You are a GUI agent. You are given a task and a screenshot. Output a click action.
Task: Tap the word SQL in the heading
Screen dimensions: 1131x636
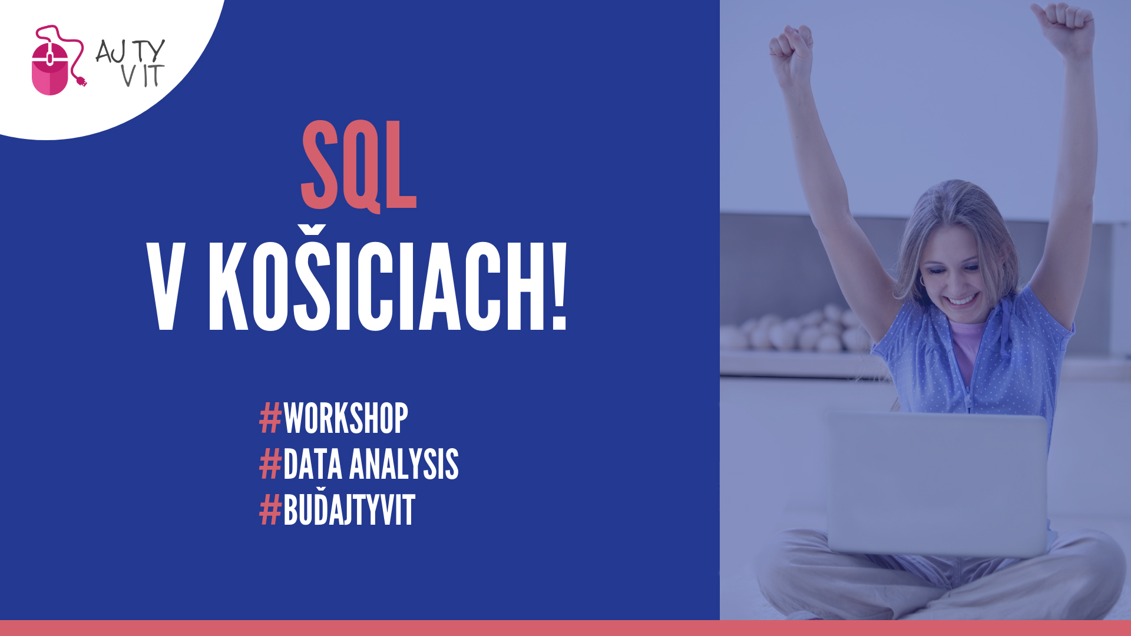coord(359,166)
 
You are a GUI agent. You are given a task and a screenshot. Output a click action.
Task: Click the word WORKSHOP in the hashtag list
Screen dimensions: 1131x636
coord(346,419)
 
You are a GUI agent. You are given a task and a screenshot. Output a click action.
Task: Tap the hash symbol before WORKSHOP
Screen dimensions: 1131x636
coord(270,419)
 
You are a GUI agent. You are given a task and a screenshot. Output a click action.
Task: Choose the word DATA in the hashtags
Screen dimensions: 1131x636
coord(313,464)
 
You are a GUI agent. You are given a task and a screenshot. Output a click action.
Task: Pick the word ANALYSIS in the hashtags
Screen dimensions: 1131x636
coord(404,464)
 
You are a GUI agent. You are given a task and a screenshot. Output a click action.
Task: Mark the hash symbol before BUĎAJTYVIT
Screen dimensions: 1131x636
coord(270,510)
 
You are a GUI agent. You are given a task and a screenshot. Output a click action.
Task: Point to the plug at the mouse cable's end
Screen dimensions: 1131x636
coord(81,81)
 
